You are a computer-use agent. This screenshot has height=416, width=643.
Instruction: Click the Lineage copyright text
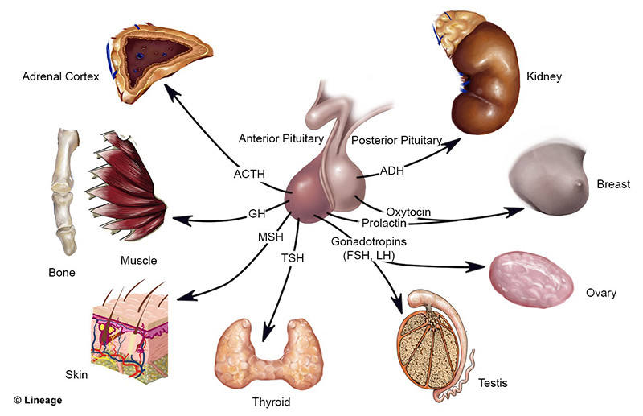(x=37, y=400)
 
